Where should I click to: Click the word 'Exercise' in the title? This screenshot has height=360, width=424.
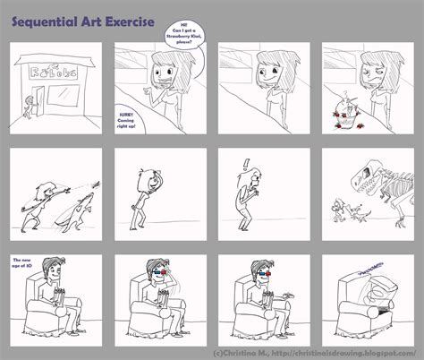coord(124,17)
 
